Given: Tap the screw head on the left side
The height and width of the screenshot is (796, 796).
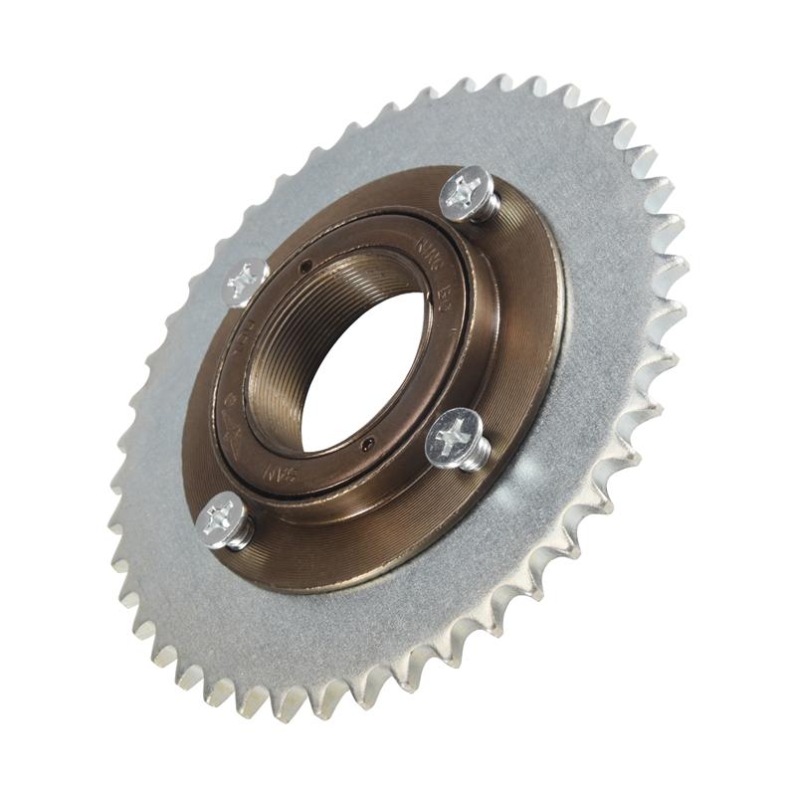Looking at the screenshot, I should click(x=244, y=281).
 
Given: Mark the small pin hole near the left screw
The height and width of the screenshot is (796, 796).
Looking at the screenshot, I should click(x=305, y=265).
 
